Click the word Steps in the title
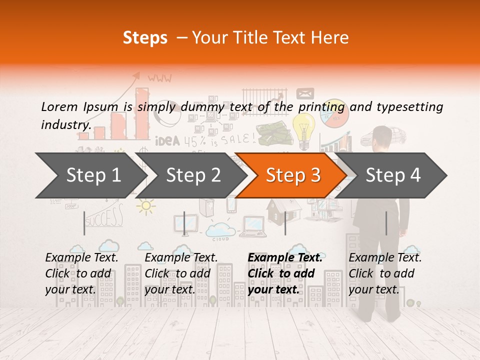point(145,38)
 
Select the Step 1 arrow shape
point(90,175)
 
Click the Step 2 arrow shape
point(192,175)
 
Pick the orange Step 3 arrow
point(292,175)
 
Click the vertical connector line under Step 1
point(84,223)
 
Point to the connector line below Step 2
point(184,223)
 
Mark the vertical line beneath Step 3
point(285,223)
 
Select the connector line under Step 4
point(386,223)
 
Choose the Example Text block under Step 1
point(81,273)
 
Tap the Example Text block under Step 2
point(181,273)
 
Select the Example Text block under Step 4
point(385,273)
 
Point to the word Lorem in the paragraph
point(59,106)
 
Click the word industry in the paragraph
point(65,124)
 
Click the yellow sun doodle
point(145,205)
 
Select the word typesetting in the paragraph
point(409,107)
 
